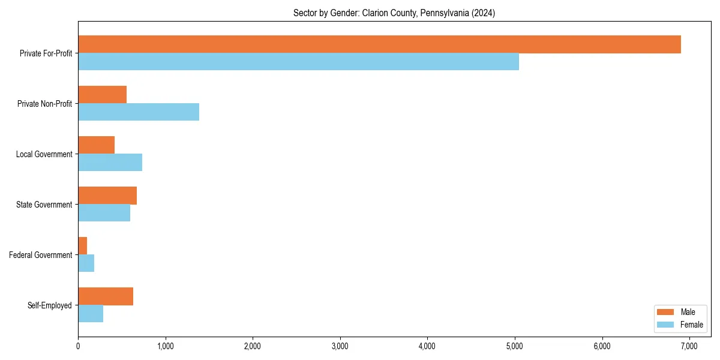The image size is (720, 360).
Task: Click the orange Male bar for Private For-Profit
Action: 379,44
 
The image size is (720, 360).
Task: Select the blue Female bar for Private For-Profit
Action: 298,62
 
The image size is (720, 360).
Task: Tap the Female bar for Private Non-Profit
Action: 139,112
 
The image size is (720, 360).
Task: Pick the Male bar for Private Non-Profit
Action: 102,95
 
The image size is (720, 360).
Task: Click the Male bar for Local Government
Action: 96,145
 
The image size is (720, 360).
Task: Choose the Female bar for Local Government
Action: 110,163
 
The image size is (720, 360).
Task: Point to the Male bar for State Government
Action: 107,196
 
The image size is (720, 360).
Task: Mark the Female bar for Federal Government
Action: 86,263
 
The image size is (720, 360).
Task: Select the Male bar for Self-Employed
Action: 106,296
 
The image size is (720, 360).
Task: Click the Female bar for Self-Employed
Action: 91,314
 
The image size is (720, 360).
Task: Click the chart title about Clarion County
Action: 394,13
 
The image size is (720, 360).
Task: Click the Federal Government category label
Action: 41,255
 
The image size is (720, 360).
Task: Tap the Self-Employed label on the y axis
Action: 50,305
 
